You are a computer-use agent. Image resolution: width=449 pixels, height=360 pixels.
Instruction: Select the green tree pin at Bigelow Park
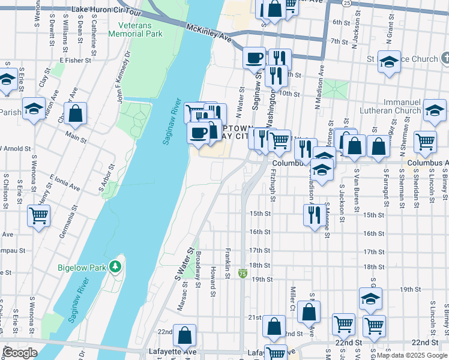(x=115, y=264)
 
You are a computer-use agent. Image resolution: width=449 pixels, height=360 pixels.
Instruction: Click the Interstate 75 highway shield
(x=243, y=274)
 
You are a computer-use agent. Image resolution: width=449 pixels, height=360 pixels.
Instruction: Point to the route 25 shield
(x=347, y=4)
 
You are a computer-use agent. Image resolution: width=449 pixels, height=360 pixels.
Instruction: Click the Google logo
(x=20, y=353)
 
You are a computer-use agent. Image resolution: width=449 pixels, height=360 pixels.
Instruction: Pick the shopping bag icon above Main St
(x=76, y=113)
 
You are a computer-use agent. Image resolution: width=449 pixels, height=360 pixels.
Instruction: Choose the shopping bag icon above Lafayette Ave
(x=185, y=335)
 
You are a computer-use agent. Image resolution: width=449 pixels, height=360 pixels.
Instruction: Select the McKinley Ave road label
(x=208, y=33)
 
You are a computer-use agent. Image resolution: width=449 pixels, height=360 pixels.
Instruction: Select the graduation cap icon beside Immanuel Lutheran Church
(x=435, y=110)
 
